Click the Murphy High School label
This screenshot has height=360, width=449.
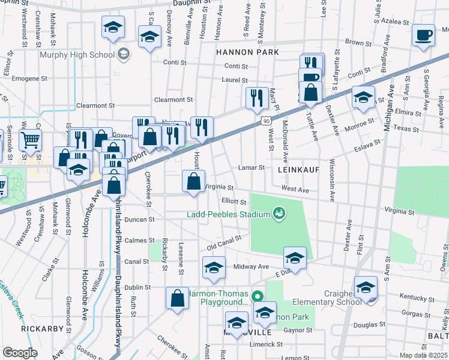[x=76, y=55]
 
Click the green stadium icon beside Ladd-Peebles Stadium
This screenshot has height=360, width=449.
[x=278, y=213]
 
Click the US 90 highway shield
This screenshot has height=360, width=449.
[x=266, y=122]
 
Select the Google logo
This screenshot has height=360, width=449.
[x=20, y=353]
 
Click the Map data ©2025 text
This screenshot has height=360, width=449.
[x=423, y=355]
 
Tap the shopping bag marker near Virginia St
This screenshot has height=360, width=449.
[x=193, y=181]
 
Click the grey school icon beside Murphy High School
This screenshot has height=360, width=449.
[x=124, y=55]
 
